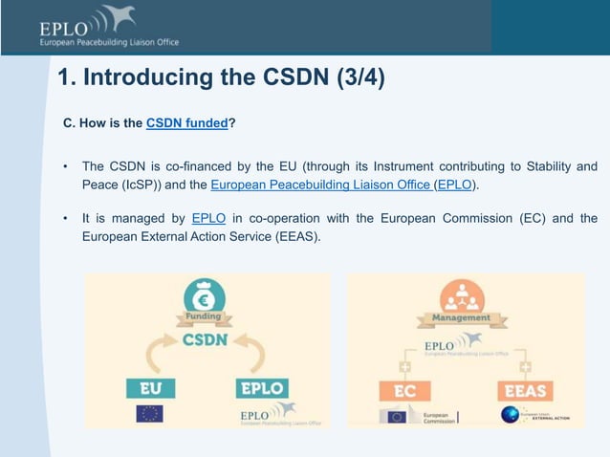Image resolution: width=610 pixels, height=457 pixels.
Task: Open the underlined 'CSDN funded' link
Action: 187,123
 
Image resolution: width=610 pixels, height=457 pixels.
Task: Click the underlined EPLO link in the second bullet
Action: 208,218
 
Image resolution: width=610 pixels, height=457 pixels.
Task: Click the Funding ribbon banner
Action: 206,316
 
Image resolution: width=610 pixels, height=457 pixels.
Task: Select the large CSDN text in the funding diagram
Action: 206,339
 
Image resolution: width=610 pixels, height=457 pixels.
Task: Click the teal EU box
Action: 150,388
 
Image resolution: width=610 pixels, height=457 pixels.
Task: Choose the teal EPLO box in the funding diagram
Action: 262,388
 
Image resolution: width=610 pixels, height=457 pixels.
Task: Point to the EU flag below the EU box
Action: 149,414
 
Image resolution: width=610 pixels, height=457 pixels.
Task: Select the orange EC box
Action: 404,391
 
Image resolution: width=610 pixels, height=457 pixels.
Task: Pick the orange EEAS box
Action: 522,391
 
